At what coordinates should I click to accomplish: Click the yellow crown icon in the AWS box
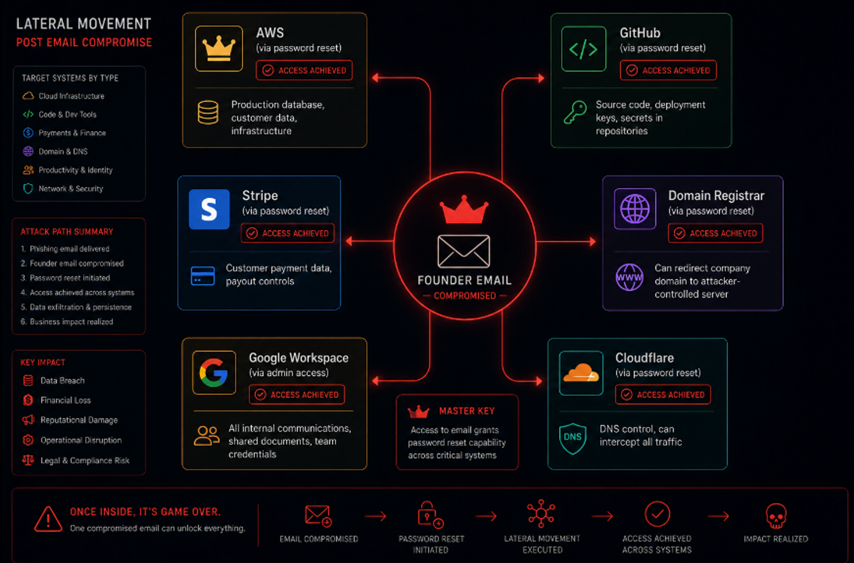point(219,49)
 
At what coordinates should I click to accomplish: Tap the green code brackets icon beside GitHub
point(584,49)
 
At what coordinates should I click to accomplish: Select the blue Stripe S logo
point(209,209)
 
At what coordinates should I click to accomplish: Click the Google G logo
point(214,373)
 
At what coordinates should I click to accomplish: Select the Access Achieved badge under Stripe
point(288,233)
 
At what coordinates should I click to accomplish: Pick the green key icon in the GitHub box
point(575,112)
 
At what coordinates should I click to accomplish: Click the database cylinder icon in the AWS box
point(208,112)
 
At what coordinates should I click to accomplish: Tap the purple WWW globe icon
point(629,277)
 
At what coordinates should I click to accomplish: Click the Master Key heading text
point(467,411)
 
